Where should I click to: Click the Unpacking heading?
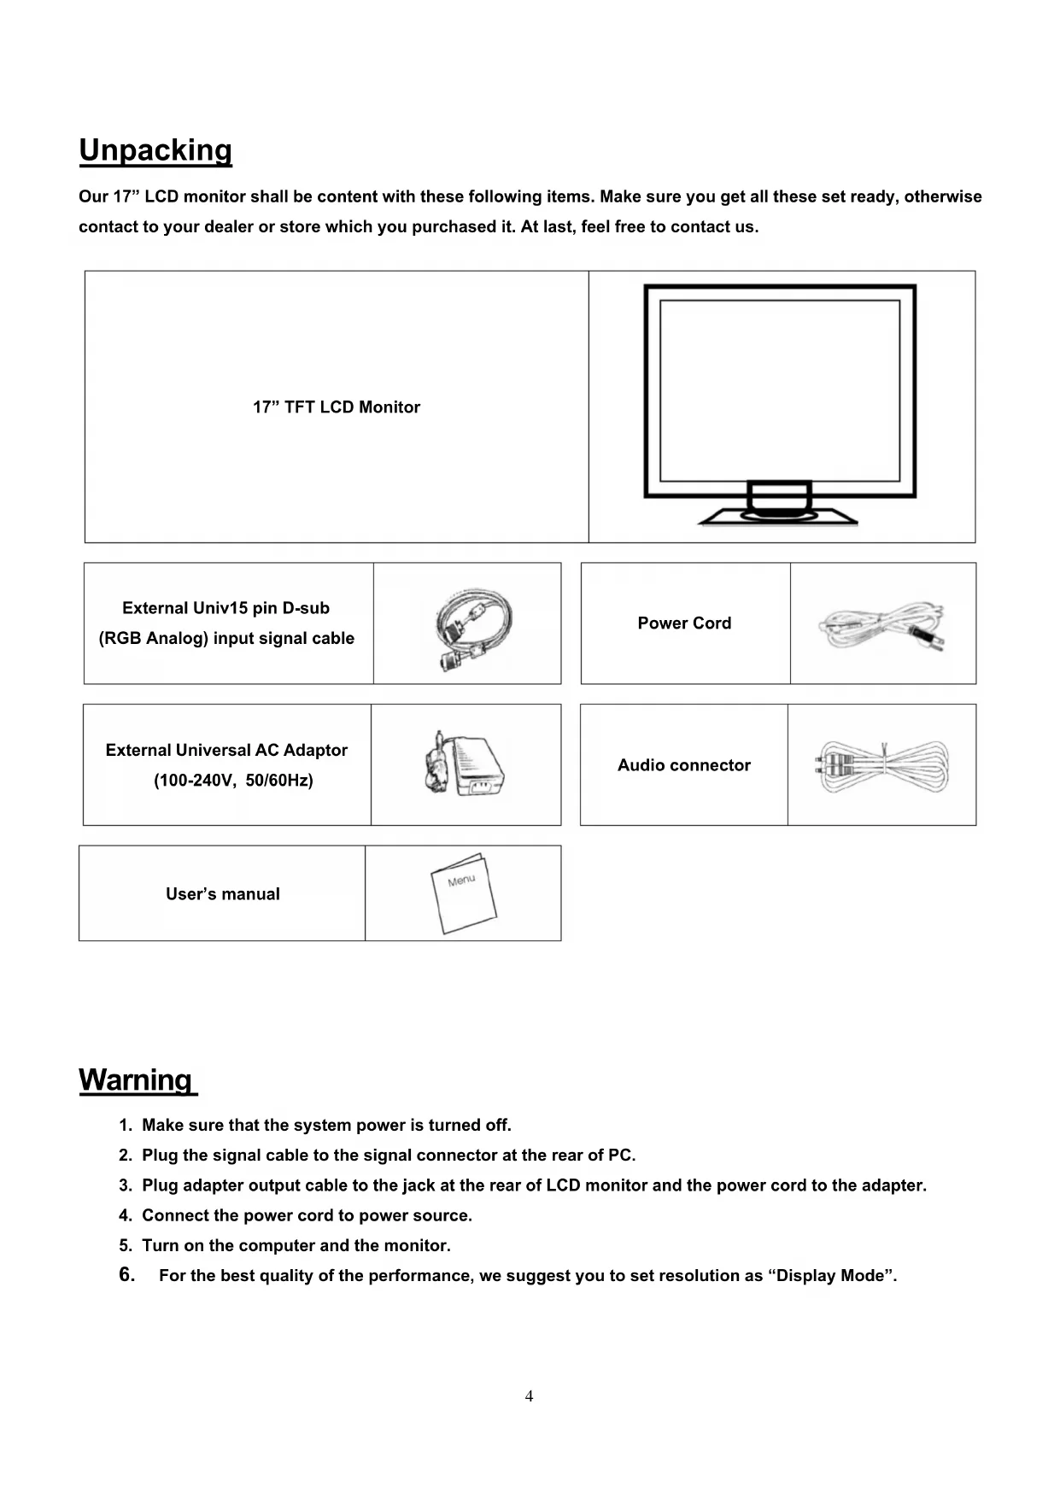click(x=155, y=150)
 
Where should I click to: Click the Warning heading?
click(x=136, y=1080)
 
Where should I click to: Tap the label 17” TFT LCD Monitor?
click(x=337, y=407)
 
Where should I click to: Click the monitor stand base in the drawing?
click(x=777, y=516)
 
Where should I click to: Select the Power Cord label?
click(x=684, y=623)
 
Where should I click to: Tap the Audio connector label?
click(x=683, y=765)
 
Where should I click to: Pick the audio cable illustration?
click(x=882, y=765)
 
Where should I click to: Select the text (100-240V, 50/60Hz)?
click(x=233, y=781)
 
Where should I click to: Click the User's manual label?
click(x=223, y=894)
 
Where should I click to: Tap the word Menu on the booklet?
click(x=461, y=880)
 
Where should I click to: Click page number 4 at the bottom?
click(x=530, y=1396)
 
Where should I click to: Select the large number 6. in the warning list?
click(x=127, y=1275)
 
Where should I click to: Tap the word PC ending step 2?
click(x=619, y=1156)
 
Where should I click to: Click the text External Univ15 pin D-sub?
click(x=225, y=608)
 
